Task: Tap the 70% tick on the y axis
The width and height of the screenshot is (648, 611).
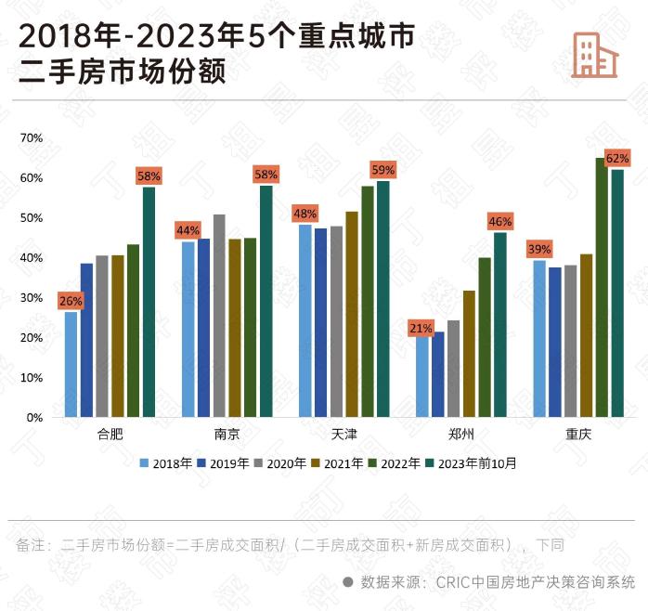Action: click(32, 137)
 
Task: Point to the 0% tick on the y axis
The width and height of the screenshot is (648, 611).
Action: click(34, 418)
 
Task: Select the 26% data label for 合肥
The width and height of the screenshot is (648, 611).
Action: click(71, 301)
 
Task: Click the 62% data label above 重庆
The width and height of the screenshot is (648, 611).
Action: click(617, 158)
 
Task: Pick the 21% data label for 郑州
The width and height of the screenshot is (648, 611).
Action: click(421, 328)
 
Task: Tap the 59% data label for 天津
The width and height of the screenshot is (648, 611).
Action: click(382, 170)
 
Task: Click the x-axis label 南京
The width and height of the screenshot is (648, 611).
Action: click(227, 435)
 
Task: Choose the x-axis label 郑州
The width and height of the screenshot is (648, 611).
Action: click(460, 435)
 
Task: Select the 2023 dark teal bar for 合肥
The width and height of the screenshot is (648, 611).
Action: click(149, 302)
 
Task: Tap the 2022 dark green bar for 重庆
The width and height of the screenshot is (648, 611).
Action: click(602, 288)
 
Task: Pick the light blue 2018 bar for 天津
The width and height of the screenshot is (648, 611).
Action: click(305, 321)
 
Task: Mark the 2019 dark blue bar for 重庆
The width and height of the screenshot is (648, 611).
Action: click(555, 343)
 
